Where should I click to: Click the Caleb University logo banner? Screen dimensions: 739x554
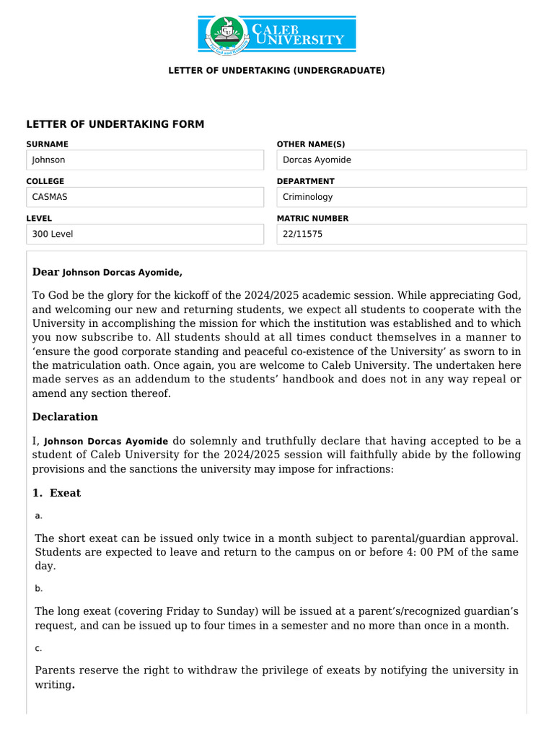point(277,34)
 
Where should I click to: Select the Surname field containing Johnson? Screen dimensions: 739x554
point(145,160)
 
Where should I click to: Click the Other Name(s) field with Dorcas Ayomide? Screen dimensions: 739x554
point(402,160)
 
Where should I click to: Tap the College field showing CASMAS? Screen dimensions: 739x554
point(145,197)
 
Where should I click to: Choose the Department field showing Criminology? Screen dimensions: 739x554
point(402,197)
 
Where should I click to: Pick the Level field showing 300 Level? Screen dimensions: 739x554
point(145,234)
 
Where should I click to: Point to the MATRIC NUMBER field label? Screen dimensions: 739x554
point(312,218)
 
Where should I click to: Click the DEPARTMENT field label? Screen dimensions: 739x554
point(305,181)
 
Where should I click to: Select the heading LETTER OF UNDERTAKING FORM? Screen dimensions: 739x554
point(115,124)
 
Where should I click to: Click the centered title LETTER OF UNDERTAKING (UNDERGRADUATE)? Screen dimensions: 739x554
point(277,71)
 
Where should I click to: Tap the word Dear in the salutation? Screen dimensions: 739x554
point(46,272)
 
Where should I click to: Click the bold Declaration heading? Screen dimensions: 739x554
point(65,416)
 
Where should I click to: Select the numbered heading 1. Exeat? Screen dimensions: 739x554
point(57,493)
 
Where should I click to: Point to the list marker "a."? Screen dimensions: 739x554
point(39,515)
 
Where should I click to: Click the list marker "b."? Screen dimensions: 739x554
point(39,588)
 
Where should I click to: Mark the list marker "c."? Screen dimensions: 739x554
point(39,648)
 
